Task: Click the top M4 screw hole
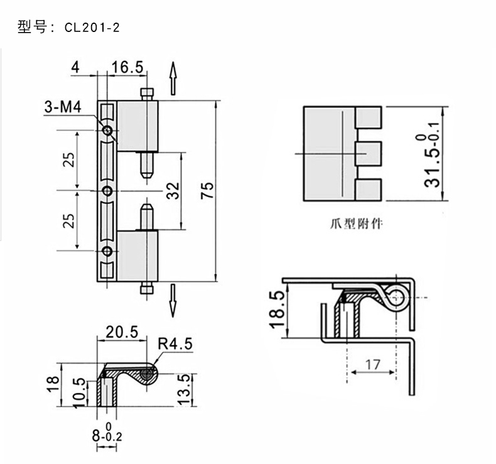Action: tap(108, 131)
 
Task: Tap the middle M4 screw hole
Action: tap(108, 190)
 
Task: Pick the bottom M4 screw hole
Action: tap(108, 252)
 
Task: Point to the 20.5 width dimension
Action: tap(121, 333)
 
